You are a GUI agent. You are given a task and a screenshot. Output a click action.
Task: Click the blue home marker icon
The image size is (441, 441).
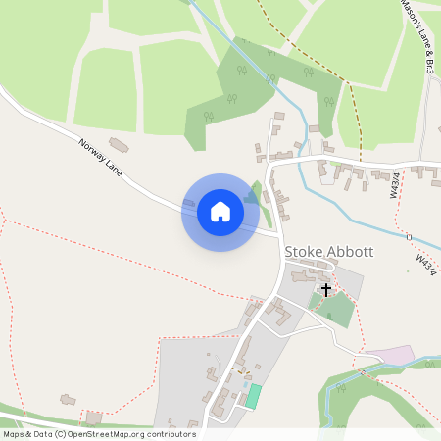(x=220, y=212)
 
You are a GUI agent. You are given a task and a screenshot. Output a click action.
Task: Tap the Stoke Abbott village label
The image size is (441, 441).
(x=328, y=251)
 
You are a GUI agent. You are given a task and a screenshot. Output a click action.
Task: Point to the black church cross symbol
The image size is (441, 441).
(x=326, y=290)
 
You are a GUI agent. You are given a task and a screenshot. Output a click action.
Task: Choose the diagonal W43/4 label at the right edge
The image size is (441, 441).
(x=424, y=262)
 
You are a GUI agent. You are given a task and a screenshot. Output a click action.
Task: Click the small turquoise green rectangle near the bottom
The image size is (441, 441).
(x=253, y=397)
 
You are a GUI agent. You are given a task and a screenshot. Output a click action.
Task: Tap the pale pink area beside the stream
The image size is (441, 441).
(x=387, y=354)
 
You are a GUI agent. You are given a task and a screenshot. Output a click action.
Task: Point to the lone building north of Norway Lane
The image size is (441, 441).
(x=118, y=145)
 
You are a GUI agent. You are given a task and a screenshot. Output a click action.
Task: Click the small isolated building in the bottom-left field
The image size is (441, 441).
(x=68, y=399)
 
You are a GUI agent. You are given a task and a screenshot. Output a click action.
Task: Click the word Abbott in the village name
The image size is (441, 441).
(x=353, y=251)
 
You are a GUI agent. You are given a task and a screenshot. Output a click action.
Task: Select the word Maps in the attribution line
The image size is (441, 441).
(x=14, y=434)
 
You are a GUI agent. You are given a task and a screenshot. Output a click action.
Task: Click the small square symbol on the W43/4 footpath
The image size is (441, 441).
(x=408, y=236)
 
